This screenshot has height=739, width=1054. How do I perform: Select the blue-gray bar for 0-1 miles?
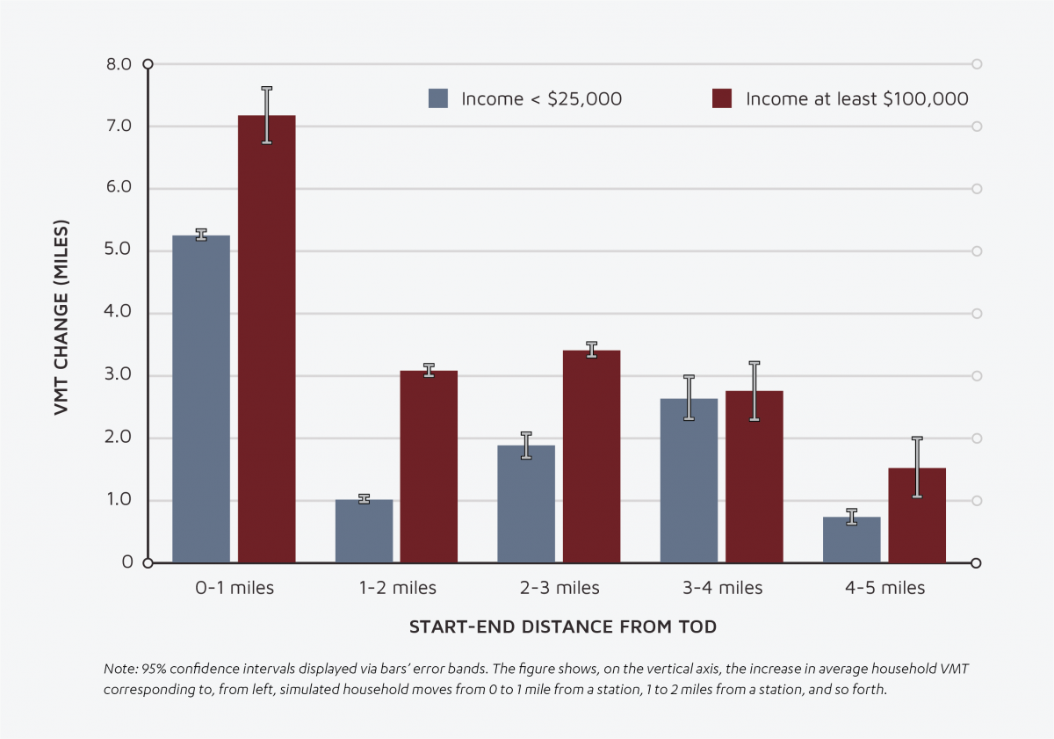tap(201, 400)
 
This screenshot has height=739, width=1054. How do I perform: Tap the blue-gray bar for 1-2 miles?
tap(364, 532)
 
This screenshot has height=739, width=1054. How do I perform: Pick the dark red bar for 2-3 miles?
tap(591, 457)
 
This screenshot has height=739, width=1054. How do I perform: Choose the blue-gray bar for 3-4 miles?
tap(689, 482)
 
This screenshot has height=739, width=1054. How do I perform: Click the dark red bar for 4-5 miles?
tap(917, 516)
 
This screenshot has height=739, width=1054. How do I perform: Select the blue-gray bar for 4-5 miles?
tap(851, 540)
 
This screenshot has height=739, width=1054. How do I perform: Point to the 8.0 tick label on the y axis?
tap(119, 64)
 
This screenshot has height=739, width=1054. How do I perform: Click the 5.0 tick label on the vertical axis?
tap(119, 250)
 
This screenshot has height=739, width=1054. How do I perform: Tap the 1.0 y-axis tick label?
tap(119, 500)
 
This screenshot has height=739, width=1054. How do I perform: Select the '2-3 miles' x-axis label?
tap(559, 588)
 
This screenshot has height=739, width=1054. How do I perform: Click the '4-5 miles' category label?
tap(884, 588)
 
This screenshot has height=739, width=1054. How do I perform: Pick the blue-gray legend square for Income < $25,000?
tap(438, 98)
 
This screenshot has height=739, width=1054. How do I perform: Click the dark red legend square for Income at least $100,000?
tap(722, 98)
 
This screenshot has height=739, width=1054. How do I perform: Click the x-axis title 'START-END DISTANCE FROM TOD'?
tap(562, 627)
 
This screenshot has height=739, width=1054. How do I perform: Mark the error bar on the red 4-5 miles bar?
tap(917, 467)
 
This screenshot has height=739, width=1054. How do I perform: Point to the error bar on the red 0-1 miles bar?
tap(266, 115)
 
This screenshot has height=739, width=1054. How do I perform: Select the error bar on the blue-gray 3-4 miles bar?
tap(689, 398)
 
